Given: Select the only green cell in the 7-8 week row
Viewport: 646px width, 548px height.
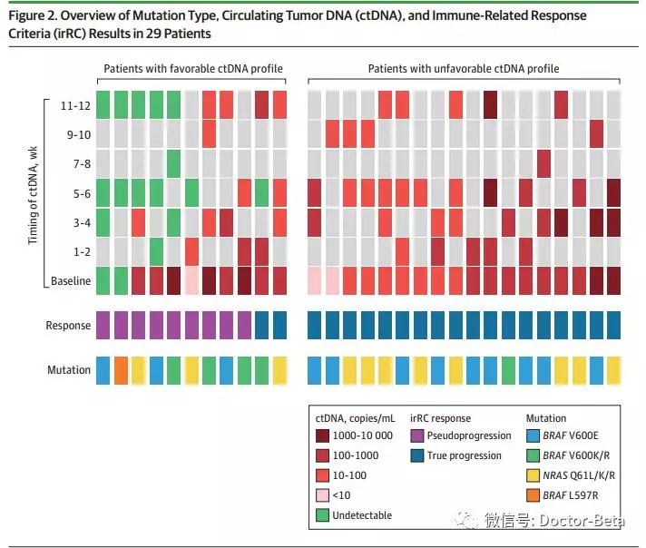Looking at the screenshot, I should (x=174, y=162).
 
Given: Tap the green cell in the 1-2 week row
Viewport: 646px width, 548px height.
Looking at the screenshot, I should (x=157, y=250).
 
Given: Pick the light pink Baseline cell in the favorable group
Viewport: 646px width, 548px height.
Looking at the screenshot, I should (x=191, y=280).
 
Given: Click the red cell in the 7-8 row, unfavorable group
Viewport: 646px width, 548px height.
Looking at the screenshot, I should (x=543, y=162).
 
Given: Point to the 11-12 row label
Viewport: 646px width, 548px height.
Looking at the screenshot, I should (x=75, y=104).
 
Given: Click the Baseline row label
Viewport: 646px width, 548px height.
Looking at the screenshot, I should (x=71, y=280).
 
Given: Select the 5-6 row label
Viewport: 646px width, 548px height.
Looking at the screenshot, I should (x=79, y=192).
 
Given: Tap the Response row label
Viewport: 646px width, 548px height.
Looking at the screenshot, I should (x=68, y=326).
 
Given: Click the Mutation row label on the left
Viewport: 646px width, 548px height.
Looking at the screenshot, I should (x=69, y=370).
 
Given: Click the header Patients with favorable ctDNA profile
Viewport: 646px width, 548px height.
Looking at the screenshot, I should (x=192, y=69).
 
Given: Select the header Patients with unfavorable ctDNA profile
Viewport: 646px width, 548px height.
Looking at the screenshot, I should (x=463, y=69).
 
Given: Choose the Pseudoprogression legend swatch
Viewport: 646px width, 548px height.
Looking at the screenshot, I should (x=418, y=436).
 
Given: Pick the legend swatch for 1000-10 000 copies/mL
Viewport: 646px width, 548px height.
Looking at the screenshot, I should (x=323, y=436).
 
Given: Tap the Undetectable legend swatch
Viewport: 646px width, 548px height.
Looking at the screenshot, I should (x=323, y=514).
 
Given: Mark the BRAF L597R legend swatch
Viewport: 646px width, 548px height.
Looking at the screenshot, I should (x=534, y=494).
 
